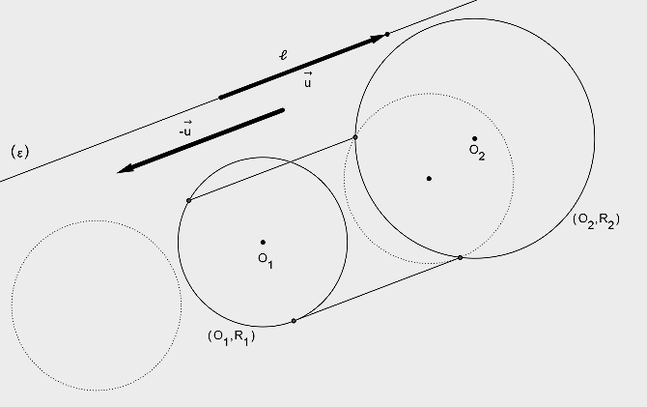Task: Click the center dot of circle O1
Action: click(263, 242)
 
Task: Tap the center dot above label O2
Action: click(474, 139)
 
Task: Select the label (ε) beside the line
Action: click(20, 153)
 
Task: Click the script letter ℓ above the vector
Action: click(284, 54)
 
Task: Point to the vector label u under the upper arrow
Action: click(308, 79)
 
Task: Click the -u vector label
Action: click(185, 129)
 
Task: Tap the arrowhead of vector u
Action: click(377, 39)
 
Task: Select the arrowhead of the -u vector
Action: click(126, 168)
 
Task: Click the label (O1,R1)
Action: click(232, 336)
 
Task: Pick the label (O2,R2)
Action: click(596, 219)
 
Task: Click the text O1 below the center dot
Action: click(266, 260)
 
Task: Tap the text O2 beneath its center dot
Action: click(477, 152)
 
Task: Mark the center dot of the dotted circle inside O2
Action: click(429, 179)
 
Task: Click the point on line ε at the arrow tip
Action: click(387, 34)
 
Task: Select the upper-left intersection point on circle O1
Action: click(188, 200)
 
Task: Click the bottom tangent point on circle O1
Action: click(294, 321)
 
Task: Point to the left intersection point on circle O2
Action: click(355, 137)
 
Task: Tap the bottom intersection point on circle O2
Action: click(460, 258)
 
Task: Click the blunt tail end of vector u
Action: click(220, 98)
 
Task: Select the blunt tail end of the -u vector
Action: click(283, 110)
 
